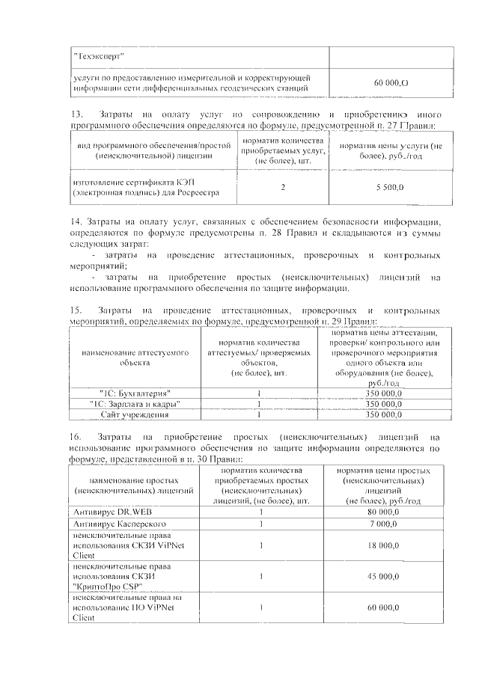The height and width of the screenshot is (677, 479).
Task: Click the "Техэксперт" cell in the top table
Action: [x=100, y=57]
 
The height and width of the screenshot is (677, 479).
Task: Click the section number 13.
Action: [x=76, y=114]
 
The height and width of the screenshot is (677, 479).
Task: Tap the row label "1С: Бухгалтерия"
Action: [x=135, y=393]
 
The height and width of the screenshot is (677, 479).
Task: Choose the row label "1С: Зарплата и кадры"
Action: [x=135, y=404]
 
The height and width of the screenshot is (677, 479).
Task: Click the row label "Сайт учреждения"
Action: [x=135, y=414]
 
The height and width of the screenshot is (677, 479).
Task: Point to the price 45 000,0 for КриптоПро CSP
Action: [x=382, y=577]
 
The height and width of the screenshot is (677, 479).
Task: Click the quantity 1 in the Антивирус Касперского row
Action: [x=261, y=524]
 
